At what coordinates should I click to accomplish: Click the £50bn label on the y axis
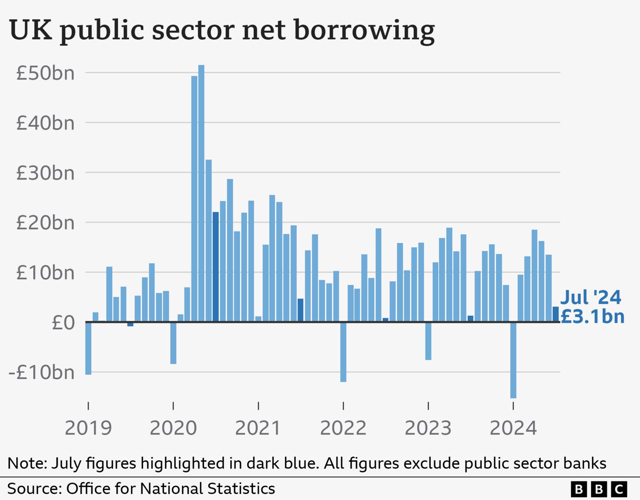click(x=45, y=73)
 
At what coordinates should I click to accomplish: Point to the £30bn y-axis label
click(x=45, y=172)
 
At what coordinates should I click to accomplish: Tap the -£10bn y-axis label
click(x=42, y=372)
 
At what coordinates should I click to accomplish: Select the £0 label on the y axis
click(x=63, y=322)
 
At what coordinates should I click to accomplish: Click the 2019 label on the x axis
click(x=88, y=428)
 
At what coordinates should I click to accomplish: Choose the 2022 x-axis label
click(x=343, y=428)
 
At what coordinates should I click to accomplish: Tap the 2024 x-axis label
click(x=513, y=428)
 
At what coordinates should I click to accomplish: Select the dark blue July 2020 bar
click(x=215, y=267)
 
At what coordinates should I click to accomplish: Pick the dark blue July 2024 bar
click(x=556, y=314)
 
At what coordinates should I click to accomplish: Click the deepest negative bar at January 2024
click(x=513, y=360)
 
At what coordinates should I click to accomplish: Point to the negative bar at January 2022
click(x=343, y=352)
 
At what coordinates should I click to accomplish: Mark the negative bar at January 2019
click(x=88, y=348)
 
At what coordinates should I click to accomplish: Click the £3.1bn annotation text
click(x=592, y=317)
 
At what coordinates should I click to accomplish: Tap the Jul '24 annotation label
click(x=590, y=297)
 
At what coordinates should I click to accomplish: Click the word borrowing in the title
click(x=364, y=31)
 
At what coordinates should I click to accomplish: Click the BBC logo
click(x=599, y=489)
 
